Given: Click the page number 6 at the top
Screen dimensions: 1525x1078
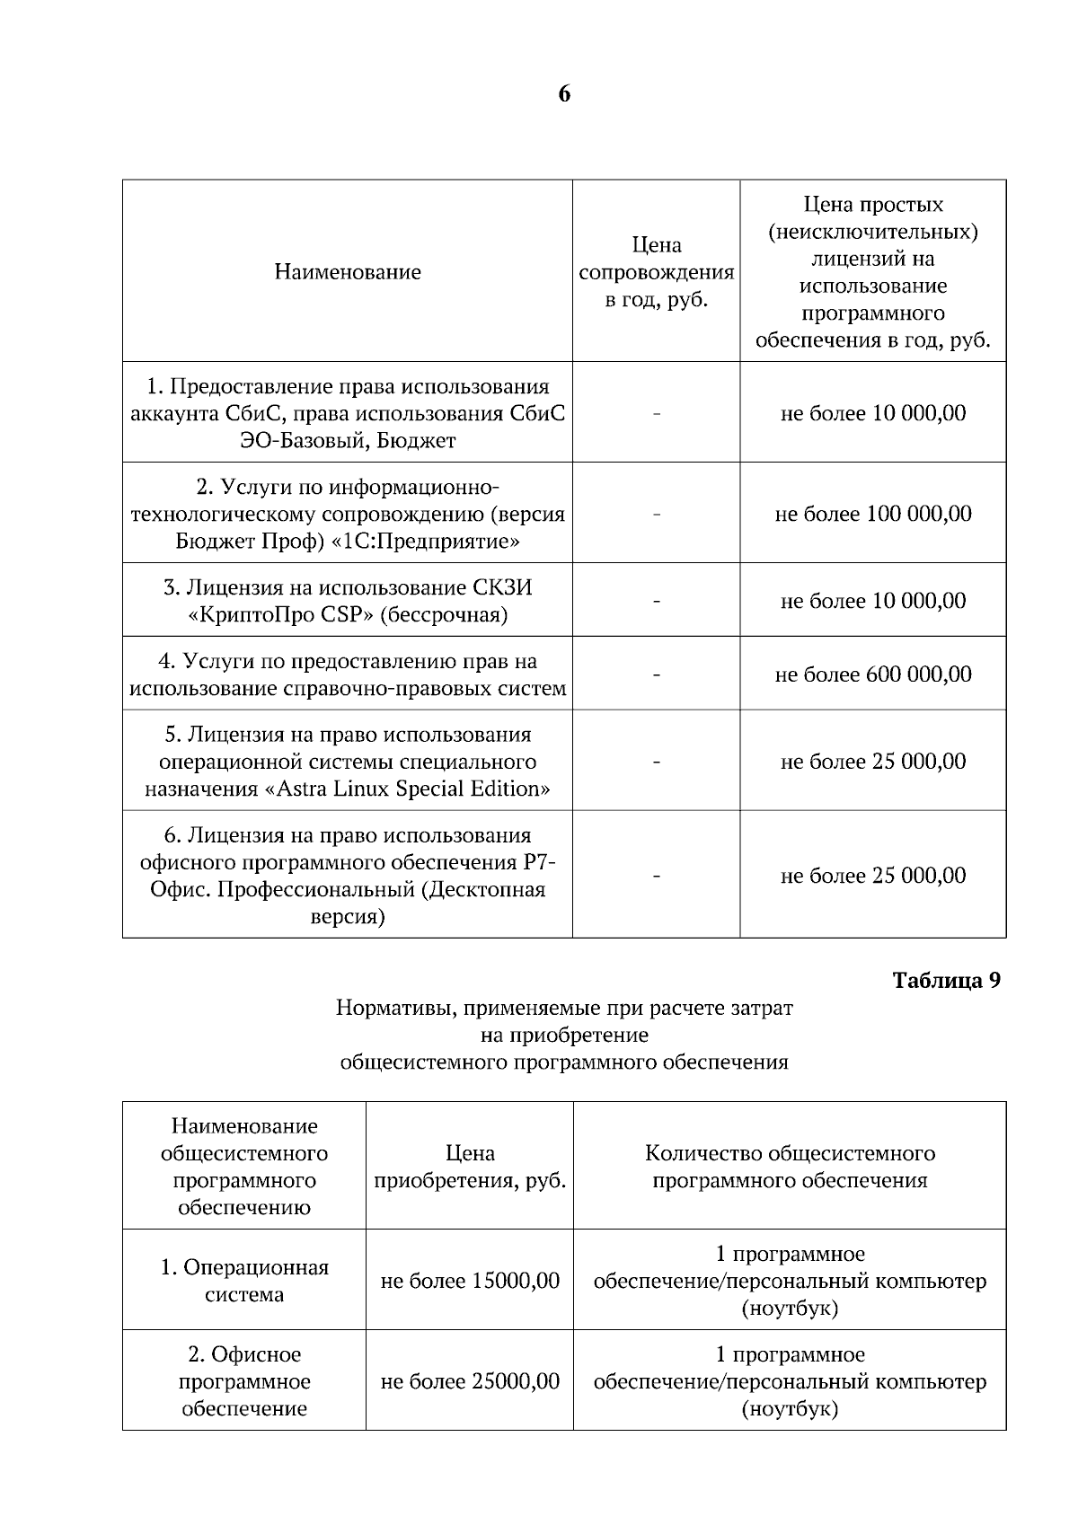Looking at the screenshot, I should point(564,94).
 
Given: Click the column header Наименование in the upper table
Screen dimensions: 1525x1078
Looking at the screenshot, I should point(348,272).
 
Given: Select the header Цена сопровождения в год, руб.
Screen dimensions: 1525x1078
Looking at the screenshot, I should point(657,272).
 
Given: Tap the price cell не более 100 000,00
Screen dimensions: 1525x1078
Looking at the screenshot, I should point(873,514).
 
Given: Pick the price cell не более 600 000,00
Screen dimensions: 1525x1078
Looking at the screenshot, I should point(873,674).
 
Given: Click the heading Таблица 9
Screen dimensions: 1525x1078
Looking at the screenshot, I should point(946,981).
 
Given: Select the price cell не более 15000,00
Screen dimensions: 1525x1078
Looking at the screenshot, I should point(470,1281).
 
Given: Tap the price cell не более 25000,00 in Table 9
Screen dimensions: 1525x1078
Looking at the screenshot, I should point(470,1381).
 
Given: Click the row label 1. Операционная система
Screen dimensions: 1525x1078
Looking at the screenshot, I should point(244,1281).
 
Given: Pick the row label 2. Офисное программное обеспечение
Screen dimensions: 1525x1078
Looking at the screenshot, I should point(244,1381).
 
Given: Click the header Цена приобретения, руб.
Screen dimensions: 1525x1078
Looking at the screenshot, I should point(470,1167).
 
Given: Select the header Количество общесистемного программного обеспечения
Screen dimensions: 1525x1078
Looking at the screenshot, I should point(790,1167).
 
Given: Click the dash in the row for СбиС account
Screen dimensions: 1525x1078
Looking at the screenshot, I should point(657,414).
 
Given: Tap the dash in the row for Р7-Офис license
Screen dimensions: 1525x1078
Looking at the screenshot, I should point(657,876).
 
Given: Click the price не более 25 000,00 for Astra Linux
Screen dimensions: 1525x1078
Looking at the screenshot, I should point(873,762).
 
